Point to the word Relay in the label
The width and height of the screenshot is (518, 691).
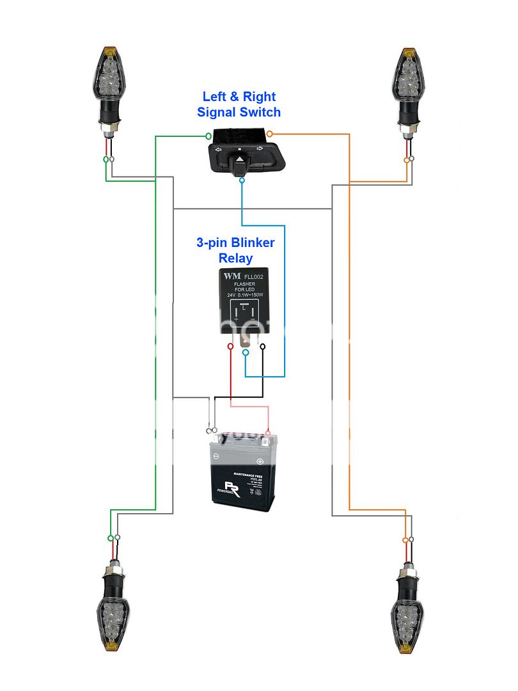point(235,258)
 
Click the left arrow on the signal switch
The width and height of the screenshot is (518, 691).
point(219,149)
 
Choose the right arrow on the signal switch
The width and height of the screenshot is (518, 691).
point(260,149)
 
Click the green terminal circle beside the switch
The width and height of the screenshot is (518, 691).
point(208,136)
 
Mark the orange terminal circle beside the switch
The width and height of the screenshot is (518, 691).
point(269,134)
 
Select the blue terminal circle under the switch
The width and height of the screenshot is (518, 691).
point(241,181)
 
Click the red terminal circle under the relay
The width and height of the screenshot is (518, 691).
point(230,347)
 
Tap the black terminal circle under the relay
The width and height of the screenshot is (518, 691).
point(262,347)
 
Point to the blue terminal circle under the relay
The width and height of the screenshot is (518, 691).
point(246,353)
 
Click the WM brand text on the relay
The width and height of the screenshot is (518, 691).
point(229,276)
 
